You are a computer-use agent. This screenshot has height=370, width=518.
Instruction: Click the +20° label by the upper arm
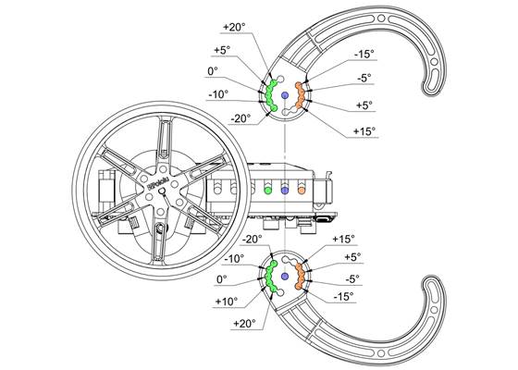coord(236,26)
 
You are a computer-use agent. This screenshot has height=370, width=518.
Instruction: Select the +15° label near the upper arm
coord(364,131)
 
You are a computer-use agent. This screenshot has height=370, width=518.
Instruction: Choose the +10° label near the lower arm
coord(225,301)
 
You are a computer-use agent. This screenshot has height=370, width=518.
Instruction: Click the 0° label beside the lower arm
coord(221,278)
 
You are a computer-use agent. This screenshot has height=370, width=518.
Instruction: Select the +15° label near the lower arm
coord(343,239)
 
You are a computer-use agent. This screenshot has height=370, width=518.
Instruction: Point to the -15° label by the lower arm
coord(342,296)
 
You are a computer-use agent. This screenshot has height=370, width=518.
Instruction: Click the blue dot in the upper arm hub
coord(285,96)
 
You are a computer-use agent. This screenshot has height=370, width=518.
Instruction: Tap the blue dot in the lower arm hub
coord(285,275)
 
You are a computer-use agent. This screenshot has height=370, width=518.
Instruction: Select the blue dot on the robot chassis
coord(285,190)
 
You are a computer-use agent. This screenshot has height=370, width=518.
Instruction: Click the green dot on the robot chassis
coord(268,190)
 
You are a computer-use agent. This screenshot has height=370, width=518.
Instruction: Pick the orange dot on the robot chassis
coord(302,190)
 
